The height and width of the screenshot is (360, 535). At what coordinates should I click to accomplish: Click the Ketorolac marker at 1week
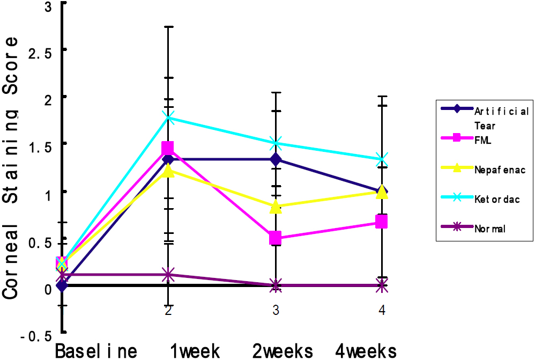coord(168,118)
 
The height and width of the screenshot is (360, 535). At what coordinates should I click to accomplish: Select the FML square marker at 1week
coord(168,148)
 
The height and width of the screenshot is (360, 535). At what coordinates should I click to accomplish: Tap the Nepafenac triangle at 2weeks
coord(276,207)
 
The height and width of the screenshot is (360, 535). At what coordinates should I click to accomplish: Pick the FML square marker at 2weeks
coord(276,237)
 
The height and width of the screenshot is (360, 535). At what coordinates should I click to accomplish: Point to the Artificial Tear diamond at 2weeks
coord(276,159)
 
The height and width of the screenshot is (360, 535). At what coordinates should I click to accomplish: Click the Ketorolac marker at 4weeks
coord(382,159)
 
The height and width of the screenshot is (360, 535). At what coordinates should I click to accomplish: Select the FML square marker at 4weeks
coord(382,221)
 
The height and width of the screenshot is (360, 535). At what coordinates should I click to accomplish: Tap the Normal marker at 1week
coord(168,274)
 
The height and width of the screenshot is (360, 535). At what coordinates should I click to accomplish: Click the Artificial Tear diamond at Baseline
coord(62,285)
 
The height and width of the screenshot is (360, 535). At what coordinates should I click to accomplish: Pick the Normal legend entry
coord(489,228)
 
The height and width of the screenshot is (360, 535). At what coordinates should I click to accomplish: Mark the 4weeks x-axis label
coord(367,351)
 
